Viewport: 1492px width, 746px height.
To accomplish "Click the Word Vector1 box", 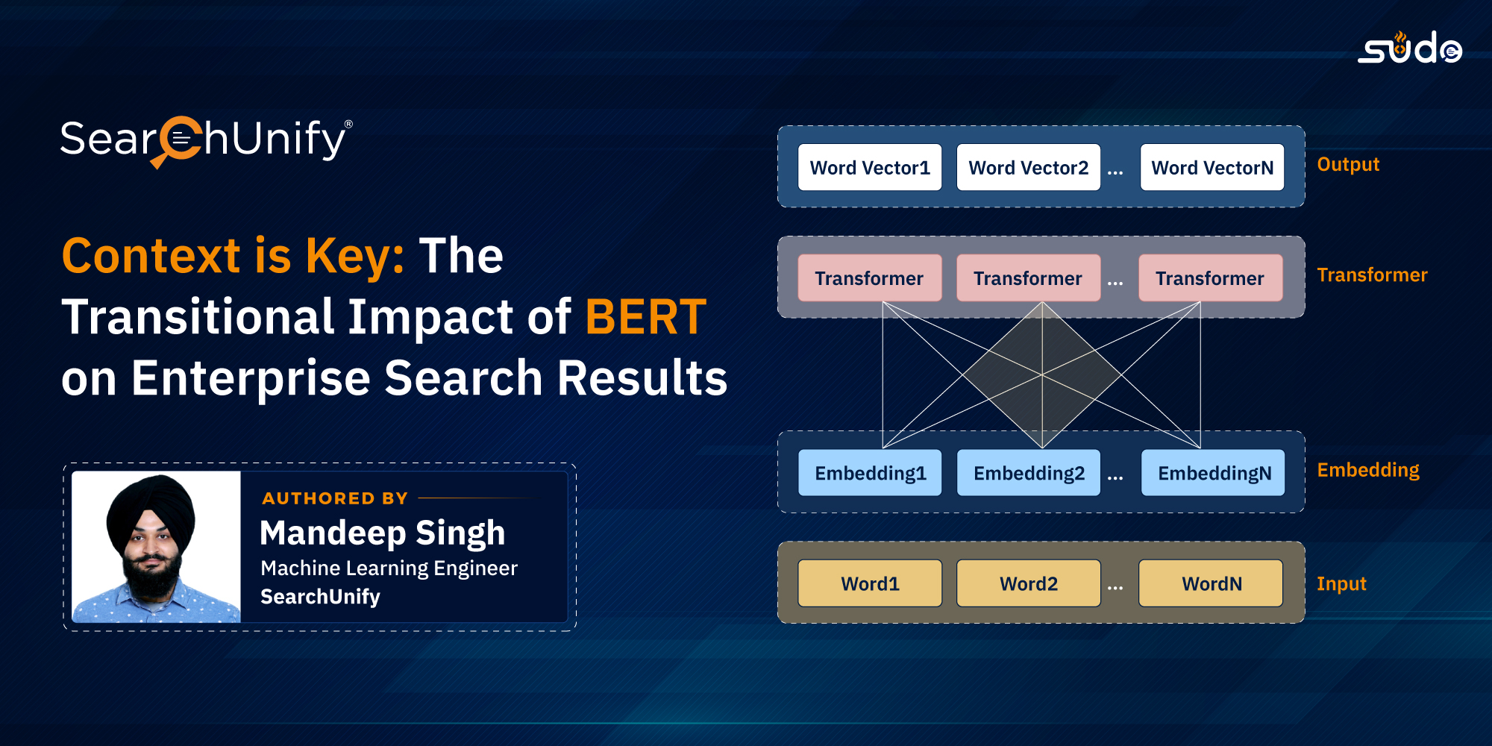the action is click(870, 167).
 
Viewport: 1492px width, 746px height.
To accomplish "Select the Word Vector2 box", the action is click(1029, 167).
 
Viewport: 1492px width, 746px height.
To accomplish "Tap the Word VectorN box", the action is click(1212, 167).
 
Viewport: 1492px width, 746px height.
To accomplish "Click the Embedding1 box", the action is click(870, 472).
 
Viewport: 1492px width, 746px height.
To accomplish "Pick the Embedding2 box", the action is click(1029, 472).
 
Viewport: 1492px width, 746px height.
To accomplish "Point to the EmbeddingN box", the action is click(1213, 472).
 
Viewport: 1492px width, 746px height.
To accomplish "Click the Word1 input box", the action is click(870, 583).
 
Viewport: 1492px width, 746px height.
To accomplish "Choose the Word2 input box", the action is click(1029, 583).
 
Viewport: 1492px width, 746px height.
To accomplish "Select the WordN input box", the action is click(1211, 583).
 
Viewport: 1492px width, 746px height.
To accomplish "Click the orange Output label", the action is click(1348, 164).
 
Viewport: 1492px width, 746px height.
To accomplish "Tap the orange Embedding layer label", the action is click(1368, 470).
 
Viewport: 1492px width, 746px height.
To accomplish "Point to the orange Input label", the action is click(1341, 584).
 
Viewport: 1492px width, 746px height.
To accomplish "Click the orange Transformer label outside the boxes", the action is click(1372, 275).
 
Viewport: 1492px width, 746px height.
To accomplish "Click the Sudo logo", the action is click(1409, 48).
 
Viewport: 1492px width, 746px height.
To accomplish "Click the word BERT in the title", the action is click(646, 317).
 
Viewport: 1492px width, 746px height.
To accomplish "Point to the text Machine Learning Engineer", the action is click(389, 568).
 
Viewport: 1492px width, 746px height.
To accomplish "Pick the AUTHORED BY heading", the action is click(335, 498).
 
